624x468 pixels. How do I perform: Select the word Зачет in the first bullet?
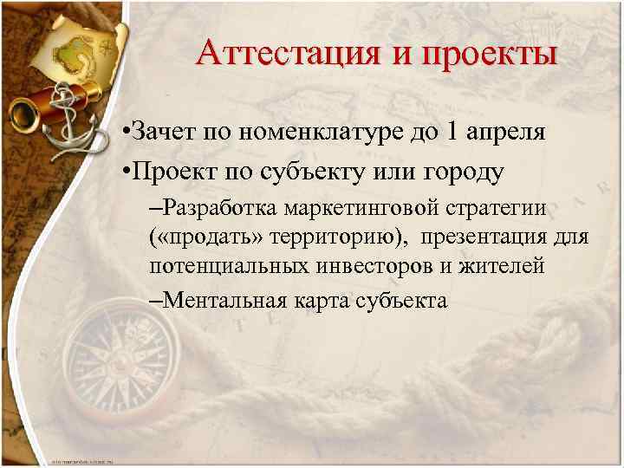pos(165,133)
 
